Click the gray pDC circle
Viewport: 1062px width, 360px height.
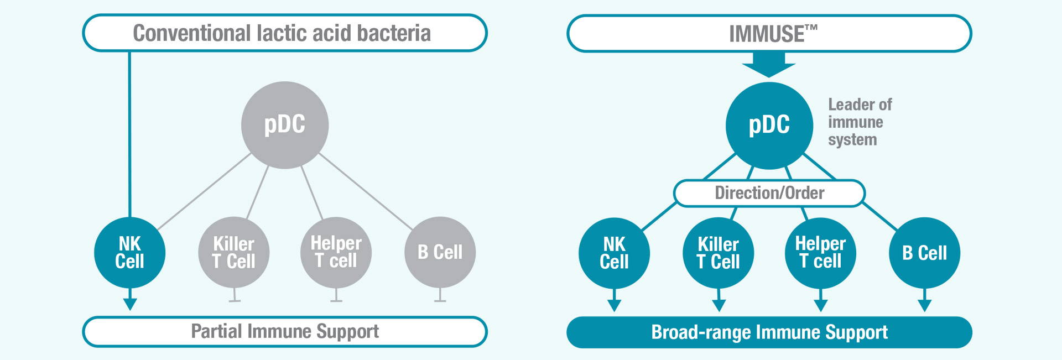285,125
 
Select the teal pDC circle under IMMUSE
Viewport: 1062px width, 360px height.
769,126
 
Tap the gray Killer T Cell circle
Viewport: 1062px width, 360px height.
234,252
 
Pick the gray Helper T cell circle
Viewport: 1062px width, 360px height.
336,252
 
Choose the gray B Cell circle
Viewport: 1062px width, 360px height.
440,252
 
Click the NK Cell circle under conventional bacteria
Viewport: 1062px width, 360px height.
130,252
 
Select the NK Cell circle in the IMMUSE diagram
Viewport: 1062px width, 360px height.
614,253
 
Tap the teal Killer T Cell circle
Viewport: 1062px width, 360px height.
719,253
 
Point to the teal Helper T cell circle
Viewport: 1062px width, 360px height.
821,253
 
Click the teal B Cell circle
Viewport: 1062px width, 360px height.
925,253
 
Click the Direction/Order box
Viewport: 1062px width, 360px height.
769,193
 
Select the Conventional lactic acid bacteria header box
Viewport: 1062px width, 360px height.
285,33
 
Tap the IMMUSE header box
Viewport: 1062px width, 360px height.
769,34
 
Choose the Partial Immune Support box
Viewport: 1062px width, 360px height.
285,332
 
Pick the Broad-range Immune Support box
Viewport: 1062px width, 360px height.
769,332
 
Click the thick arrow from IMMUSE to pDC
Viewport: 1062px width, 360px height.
769,64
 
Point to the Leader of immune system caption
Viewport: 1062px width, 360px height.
860,122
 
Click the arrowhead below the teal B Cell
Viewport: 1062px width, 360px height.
925,306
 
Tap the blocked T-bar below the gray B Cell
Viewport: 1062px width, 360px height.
440,295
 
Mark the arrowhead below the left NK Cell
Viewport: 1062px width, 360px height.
130,304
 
